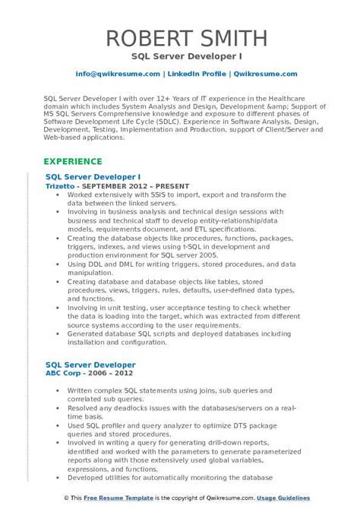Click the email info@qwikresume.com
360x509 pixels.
click(x=118, y=74)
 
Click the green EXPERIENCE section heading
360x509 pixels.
click(x=72, y=162)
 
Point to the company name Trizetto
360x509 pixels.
click(x=60, y=185)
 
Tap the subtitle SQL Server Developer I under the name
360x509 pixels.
click(x=179, y=55)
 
